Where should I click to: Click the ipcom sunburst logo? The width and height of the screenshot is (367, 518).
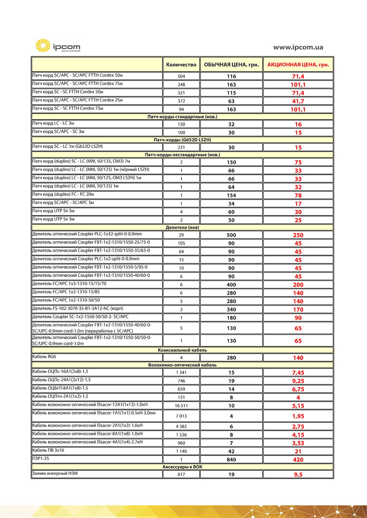(x=43, y=45)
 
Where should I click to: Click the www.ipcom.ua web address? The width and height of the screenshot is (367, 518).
(x=298, y=47)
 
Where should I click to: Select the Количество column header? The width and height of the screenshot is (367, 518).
(x=181, y=65)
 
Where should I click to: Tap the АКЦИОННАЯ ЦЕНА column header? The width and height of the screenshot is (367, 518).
(x=298, y=65)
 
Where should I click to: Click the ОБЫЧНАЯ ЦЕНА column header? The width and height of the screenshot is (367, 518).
(x=231, y=65)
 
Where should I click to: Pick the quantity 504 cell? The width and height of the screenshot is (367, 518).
(x=181, y=76)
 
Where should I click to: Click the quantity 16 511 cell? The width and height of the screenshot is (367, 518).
(x=181, y=406)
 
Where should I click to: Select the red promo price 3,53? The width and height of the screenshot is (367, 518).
(x=298, y=443)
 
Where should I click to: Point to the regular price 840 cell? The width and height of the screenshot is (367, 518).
(x=231, y=460)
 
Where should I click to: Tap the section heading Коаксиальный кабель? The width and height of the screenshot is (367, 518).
(x=182, y=350)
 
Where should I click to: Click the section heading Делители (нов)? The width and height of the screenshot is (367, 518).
(x=182, y=228)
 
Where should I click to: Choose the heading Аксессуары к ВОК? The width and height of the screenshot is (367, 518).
(x=182, y=467)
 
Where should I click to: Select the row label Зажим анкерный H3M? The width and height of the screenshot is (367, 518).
(x=55, y=473)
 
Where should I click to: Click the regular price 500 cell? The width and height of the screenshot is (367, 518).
(x=231, y=235)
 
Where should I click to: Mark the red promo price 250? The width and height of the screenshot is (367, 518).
(x=298, y=235)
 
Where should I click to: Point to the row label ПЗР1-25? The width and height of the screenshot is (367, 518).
(x=41, y=459)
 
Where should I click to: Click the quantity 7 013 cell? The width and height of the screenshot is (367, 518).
(x=181, y=416)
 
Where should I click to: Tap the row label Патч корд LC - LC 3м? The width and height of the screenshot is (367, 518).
(x=53, y=123)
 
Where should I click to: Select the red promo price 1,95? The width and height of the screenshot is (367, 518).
(x=298, y=416)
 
